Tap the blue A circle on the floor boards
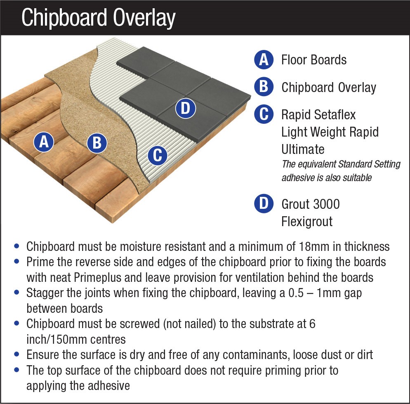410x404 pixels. point(44,142)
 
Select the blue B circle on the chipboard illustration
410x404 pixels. point(97,143)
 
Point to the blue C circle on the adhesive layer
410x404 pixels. point(157,156)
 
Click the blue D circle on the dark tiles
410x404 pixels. point(185,109)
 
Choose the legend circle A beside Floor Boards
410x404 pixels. point(264,60)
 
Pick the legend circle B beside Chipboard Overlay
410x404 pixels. point(264,87)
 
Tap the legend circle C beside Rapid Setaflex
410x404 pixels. point(264,114)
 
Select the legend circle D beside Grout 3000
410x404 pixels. point(264,204)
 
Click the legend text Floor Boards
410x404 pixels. point(314,60)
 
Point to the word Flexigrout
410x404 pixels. point(307,222)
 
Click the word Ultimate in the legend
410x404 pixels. point(303,149)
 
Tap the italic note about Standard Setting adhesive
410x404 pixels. point(341,171)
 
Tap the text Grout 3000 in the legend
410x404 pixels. point(311,204)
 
